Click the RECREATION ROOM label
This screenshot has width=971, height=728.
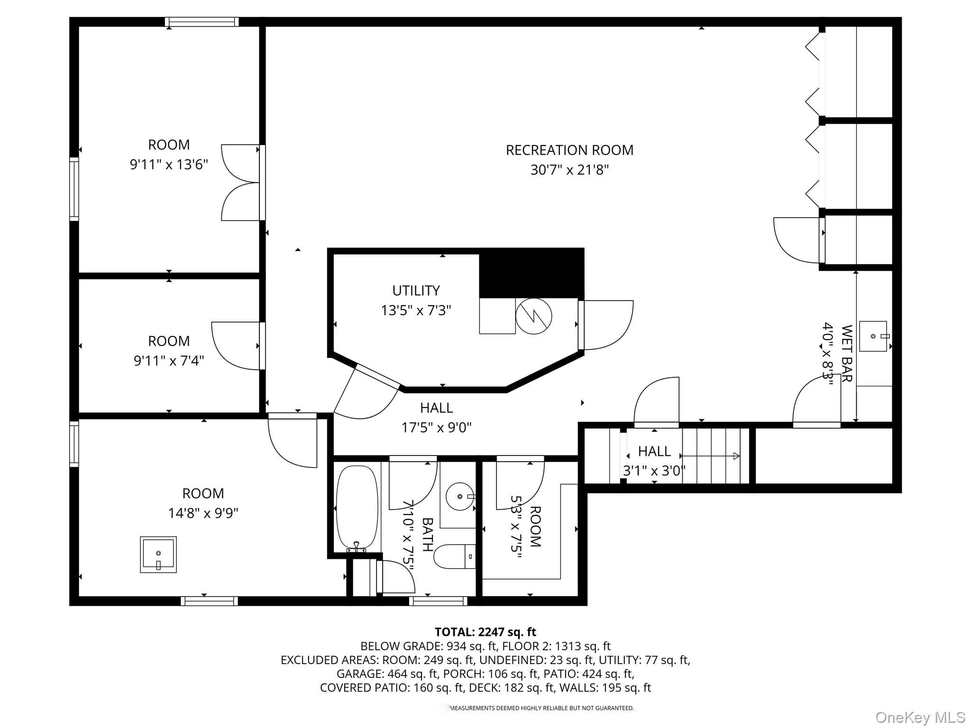point(569,150)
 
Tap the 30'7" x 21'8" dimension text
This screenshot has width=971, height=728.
point(569,170)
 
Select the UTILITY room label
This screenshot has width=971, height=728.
point(416,291)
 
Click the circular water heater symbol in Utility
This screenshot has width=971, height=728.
point(533,316)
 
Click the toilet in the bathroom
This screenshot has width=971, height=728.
point(455,556)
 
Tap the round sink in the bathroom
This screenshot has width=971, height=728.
point(460,496)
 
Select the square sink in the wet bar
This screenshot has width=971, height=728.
point(873,336)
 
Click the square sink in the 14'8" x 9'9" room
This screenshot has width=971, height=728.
point(158,555)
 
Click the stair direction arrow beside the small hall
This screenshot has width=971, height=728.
point(711,456)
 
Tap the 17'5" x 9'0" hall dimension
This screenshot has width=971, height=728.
point(437,428)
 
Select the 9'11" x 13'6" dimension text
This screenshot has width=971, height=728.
point(169,164)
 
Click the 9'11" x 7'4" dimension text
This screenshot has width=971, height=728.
point(169,361)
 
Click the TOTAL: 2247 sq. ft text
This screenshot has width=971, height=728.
point(485,632)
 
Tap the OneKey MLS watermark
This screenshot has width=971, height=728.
point(920,717)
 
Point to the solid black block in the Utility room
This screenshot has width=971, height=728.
point(531,273)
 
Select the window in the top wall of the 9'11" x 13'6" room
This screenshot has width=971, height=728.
point(202,22)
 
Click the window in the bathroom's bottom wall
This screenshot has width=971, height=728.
point(438,601)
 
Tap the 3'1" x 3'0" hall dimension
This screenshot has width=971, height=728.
point(654,471)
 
